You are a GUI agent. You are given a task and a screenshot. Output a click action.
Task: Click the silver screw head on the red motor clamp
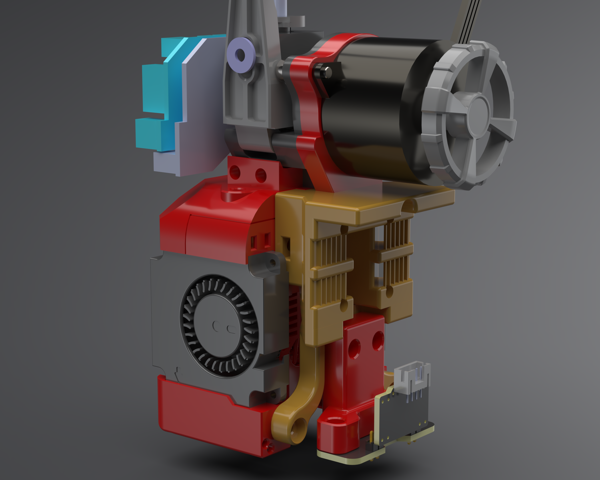pyautogui.click(x=328, y=72)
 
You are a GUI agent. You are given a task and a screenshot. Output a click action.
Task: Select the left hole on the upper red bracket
pyautogui.click(x=235, y=172)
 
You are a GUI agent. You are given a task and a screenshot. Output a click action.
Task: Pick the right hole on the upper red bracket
pyautogui.click(x=261, y=175)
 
